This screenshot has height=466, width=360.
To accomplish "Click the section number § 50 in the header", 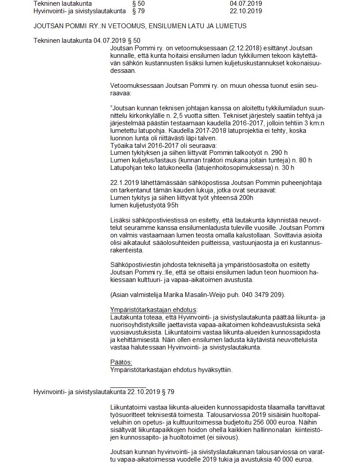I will (x=138, y=4).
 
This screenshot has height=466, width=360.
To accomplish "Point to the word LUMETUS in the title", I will (x=231, y=26).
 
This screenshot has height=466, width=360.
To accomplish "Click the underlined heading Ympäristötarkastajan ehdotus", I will (x=154, y=309).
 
